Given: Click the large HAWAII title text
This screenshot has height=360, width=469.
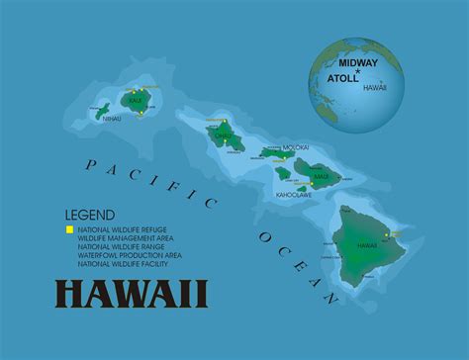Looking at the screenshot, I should point(131,295).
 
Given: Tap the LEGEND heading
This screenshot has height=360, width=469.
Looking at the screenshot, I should point(89,215).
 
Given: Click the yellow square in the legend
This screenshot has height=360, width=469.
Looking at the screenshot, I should point(69,229).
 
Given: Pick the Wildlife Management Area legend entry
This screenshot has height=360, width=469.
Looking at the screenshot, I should point(122,238).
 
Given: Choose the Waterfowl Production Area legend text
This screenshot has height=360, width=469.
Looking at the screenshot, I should point(123,255).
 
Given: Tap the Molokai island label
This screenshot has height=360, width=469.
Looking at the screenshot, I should point(295,147).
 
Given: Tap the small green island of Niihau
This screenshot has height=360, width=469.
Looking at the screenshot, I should point(101,111).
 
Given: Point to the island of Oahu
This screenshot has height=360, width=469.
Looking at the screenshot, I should point(227,136).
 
